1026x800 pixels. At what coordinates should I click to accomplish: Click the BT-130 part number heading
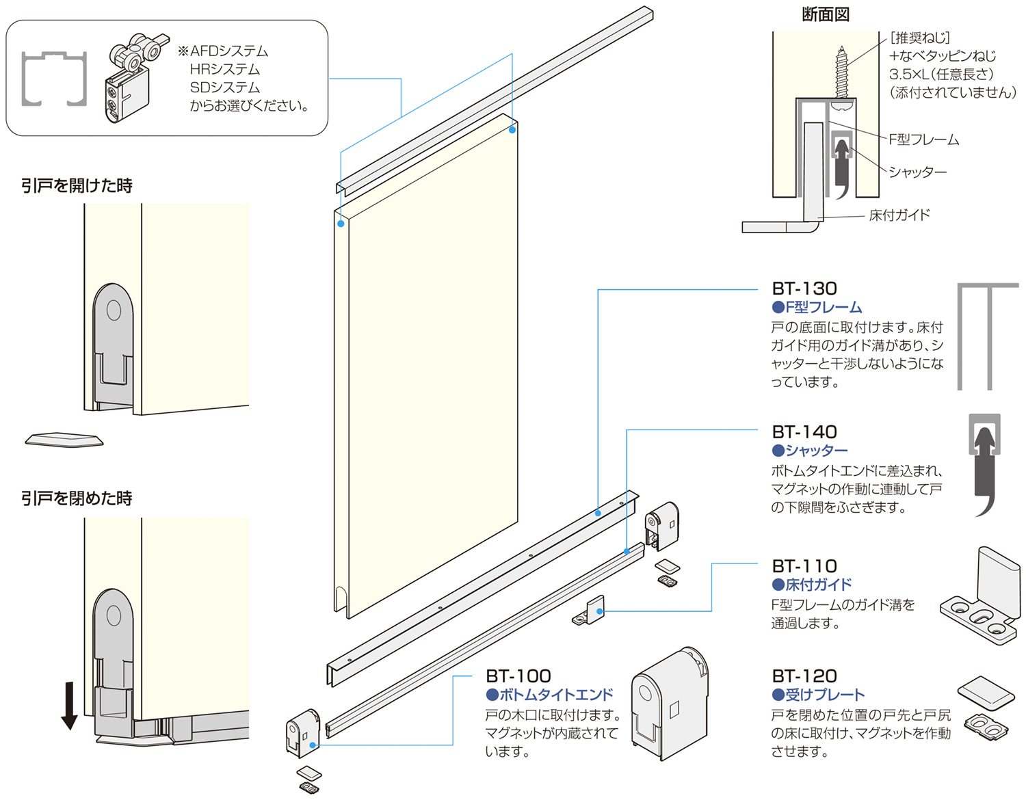click(804, 289)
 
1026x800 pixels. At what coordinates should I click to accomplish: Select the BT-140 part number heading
click(804, 432)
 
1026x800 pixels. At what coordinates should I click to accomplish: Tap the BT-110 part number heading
click(804, 566)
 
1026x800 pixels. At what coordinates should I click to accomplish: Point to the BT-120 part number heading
click(804, 676)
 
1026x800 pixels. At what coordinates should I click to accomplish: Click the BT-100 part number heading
click(518, 676)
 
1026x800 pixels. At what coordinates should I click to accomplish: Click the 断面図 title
click(826, 14)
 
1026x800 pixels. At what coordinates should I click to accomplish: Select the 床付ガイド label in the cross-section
click(899, 215)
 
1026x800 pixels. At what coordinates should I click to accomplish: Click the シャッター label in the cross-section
click(918, 172)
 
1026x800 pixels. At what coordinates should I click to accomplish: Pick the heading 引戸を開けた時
click(77, 185)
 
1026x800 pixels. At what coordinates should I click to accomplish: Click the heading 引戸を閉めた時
click(77, 498)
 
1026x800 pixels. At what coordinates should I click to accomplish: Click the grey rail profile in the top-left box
click(54, 79)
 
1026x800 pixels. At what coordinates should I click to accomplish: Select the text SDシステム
click(225, 88)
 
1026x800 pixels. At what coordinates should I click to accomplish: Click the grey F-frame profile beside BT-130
click(986, 335)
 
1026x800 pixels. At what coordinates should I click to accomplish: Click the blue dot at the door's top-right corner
click(512, 129)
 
